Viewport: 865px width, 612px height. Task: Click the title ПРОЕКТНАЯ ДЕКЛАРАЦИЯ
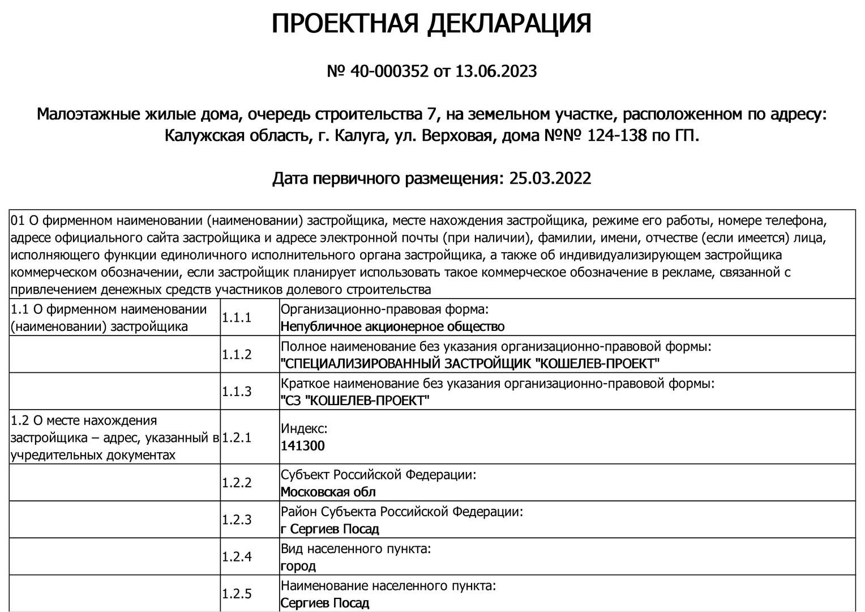431,24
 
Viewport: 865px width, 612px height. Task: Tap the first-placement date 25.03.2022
550,178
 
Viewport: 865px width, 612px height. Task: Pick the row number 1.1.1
237,317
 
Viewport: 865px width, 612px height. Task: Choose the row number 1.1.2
237,355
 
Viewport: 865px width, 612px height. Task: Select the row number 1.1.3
237,392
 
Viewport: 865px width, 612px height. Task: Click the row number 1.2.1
237,437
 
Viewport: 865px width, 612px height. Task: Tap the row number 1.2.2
237,483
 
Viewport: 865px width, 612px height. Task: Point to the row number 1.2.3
237,520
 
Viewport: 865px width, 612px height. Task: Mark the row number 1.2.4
237,557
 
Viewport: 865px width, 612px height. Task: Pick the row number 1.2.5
237,594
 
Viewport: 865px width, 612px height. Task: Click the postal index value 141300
303,446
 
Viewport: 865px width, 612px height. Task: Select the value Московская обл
328,492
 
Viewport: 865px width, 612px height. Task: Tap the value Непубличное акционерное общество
392,326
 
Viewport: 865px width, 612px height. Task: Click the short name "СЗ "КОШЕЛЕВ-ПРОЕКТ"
355,401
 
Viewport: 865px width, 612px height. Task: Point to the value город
298,566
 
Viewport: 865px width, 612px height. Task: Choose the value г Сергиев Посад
330,529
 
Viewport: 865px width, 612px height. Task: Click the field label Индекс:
304,429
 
